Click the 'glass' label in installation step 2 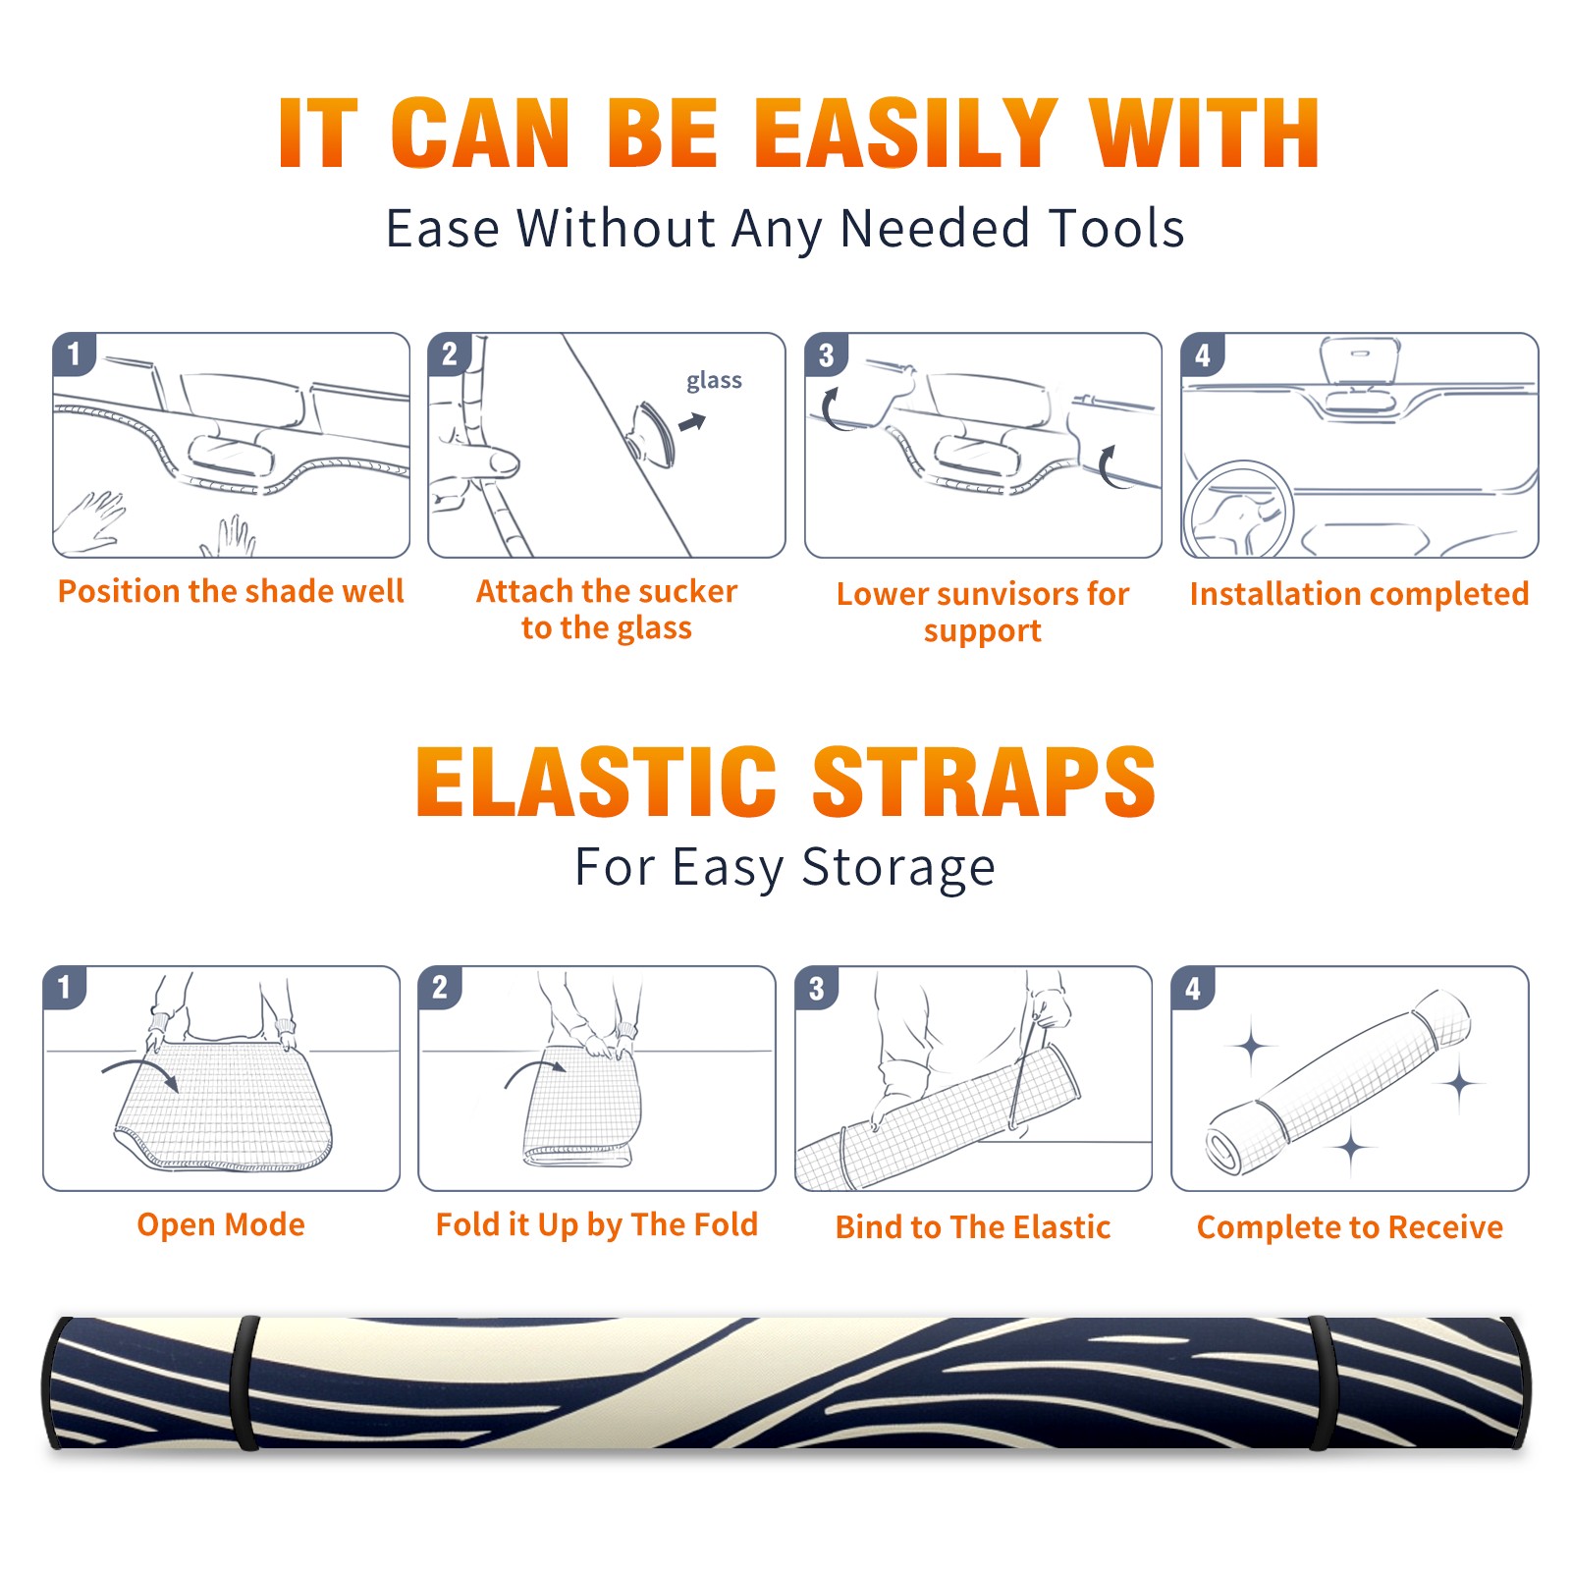pos(714,381)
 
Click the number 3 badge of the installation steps pos(827,354)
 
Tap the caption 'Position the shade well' pos(231,591)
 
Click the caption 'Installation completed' pos(1359,593)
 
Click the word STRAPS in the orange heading pos(984,782)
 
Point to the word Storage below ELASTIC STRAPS pos(898,868)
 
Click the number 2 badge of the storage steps pos(440,987)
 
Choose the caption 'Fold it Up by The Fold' pos(597,1224)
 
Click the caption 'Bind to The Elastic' pos(973,1227)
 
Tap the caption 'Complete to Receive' pos(1350,1227)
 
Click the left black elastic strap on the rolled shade pos(246,1382)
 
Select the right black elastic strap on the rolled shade pos(1324,1382)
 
